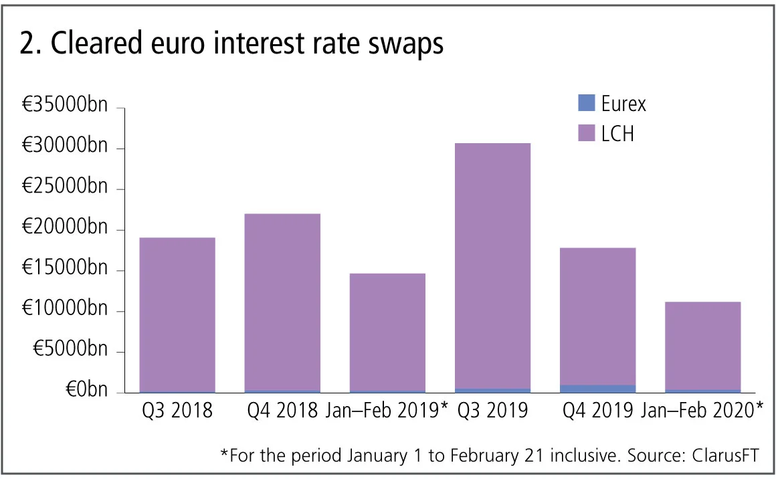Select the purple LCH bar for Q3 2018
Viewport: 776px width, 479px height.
pos(177,314)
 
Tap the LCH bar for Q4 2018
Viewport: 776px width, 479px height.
pos(282,302)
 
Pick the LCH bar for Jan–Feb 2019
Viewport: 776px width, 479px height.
pos(387,332)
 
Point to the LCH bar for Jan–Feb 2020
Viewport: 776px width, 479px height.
pos(702,345)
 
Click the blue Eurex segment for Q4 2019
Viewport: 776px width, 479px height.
pos(597,389)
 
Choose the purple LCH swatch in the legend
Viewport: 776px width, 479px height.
pos(586,133)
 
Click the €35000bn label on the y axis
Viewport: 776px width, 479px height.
pos(64,107)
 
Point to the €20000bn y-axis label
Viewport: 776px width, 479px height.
pos(64,229)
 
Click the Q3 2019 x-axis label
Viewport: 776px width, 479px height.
pos(492,410)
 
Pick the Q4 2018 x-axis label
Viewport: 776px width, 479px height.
pos(282,410)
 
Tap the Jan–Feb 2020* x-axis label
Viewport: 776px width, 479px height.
pos(702,410)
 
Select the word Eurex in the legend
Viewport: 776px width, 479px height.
pos(623,103)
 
